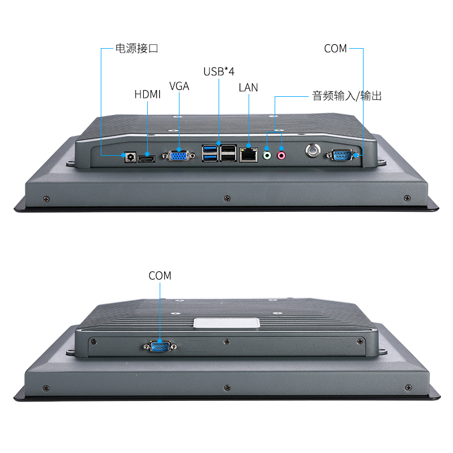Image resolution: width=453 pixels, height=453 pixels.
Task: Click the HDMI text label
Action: tap(147, 95)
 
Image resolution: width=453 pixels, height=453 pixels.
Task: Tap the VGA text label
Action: tap(179, 86)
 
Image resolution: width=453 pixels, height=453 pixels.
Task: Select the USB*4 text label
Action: tap(219, 71)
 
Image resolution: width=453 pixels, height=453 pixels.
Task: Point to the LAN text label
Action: tap(248, 87)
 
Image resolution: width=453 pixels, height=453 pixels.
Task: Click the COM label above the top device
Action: tap(335, 49)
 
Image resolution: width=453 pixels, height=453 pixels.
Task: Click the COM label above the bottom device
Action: tap(160, 276)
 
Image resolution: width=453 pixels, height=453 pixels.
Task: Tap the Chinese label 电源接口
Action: tap(136, 49)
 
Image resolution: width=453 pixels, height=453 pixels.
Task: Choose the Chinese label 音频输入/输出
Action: tap(347, 96)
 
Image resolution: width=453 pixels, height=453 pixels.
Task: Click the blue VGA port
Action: tap(179, 155)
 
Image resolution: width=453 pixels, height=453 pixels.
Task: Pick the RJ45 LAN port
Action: tap(248, 153)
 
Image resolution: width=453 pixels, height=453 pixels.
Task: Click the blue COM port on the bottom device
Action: tap(160, 347)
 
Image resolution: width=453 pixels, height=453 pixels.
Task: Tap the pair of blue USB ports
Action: tap(210, 153)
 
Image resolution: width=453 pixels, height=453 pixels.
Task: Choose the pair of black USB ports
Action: tap(228, 153)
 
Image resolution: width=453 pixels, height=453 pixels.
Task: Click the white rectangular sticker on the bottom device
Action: tap(226, 323)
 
